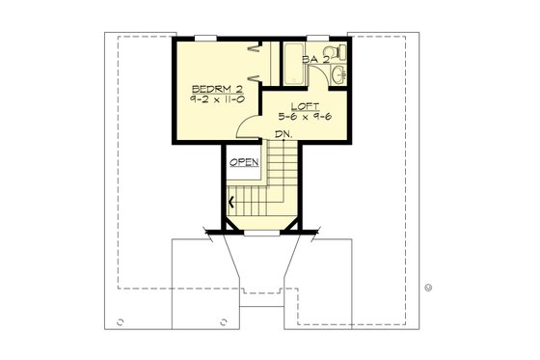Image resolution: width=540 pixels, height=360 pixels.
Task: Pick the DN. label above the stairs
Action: pyautogui.click(x=283, y=134)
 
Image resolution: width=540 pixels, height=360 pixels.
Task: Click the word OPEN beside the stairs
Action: pyautogui.click(x=244, y=161)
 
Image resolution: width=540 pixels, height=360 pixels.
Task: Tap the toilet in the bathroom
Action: pyautogui.click(x=330, y=52)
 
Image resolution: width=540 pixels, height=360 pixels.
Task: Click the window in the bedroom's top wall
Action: pyautogui.click(x=202, y=39)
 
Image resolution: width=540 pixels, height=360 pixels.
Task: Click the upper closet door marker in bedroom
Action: pyautogui.click(x=253, y=49)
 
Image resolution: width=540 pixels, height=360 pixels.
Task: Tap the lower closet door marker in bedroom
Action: pyautogui.click(x=253, y=76)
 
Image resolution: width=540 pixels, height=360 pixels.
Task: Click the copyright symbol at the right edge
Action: pyautogui.click(x=428, y=287)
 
